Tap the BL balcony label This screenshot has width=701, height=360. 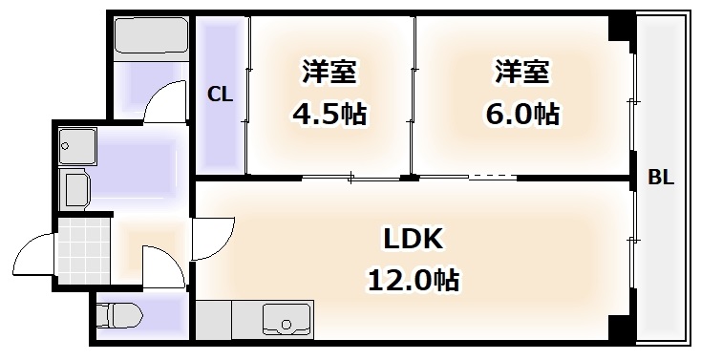point(661,178)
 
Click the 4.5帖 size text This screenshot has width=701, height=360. point(329,115)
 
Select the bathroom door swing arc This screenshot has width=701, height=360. point(163,100)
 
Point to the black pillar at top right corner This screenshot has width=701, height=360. point(621,29)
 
